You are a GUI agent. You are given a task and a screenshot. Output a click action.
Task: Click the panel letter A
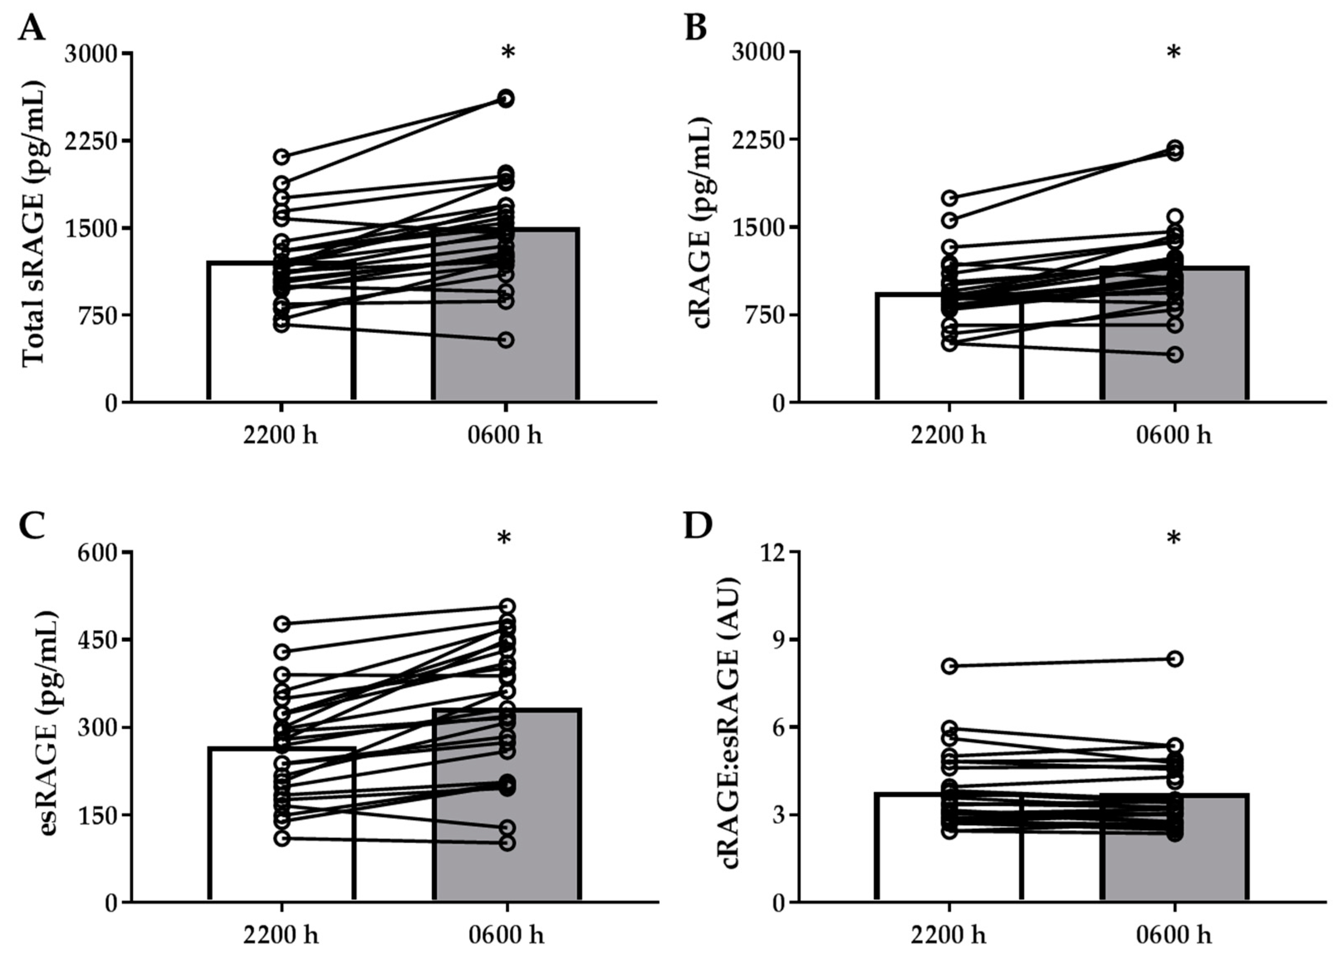click(x=31, y=28)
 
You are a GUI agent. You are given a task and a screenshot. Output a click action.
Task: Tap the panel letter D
click(x=698, y=526)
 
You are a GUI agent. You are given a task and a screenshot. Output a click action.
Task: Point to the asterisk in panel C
click(x=504, y=538)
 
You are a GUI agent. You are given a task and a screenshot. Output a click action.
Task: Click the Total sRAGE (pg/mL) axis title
click(x=34, y=228)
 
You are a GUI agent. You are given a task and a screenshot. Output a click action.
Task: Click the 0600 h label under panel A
click(x=505, y=436)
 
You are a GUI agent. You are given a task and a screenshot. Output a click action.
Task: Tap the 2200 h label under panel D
click(x=948, y=935)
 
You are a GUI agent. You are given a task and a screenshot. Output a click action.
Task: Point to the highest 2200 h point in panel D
click(x=949, y=666)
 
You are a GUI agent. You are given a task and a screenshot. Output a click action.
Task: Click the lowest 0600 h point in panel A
click(x=506, y=340)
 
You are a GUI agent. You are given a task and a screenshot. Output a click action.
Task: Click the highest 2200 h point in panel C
click(x=282, y=623)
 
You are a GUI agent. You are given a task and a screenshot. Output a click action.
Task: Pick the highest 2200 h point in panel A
click(x=282, y=157)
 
